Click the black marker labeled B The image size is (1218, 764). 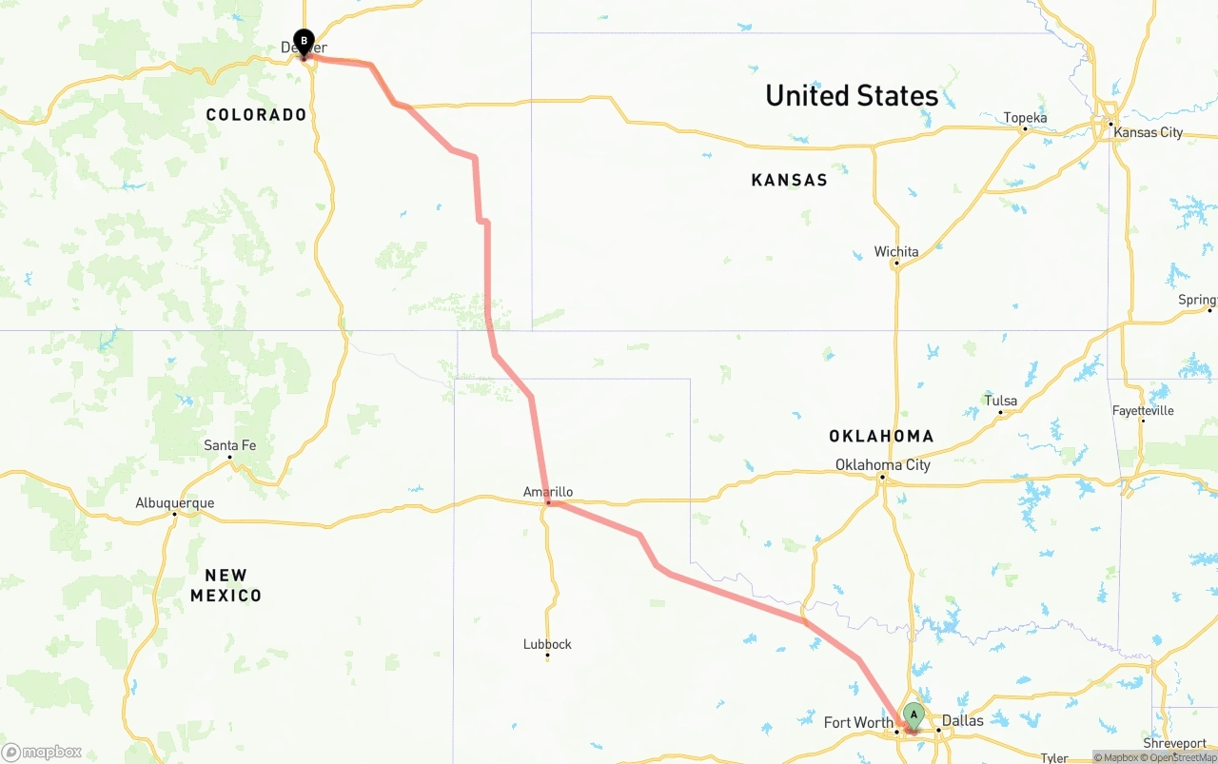304,42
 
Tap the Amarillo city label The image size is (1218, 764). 548,492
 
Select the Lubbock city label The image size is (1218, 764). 547,644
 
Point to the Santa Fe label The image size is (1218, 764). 229,445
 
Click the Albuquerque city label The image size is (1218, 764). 175,503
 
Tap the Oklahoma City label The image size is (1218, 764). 882,465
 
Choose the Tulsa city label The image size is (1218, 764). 1000,401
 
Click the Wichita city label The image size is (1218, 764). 896,252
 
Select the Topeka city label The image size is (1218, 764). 1025,118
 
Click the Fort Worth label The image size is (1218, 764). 857,722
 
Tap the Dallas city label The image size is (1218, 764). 962,720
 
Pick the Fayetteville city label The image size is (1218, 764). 1143,411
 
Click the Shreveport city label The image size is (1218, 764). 1174,743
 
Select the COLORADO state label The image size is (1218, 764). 257,115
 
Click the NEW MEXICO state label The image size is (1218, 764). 226,585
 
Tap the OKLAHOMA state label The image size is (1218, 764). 881,437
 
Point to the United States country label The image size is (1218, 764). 852,96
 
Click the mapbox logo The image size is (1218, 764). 42,753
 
